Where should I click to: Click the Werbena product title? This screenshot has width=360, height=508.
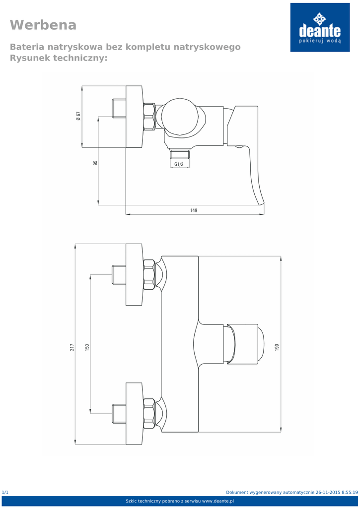tap(43, 25)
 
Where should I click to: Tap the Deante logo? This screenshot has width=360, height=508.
tap(320, 28)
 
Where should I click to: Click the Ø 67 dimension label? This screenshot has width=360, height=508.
tap(78, 116)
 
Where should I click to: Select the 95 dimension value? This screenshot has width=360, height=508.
tap(95, 163)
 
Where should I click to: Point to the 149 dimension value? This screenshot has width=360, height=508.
tap(194, 210)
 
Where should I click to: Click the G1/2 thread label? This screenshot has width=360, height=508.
tap(179, 164)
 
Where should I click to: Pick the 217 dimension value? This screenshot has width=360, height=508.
tap(72, 347)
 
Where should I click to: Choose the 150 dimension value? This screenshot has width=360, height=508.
tap(87, 347)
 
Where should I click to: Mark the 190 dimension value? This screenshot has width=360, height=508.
tap(277, 347)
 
